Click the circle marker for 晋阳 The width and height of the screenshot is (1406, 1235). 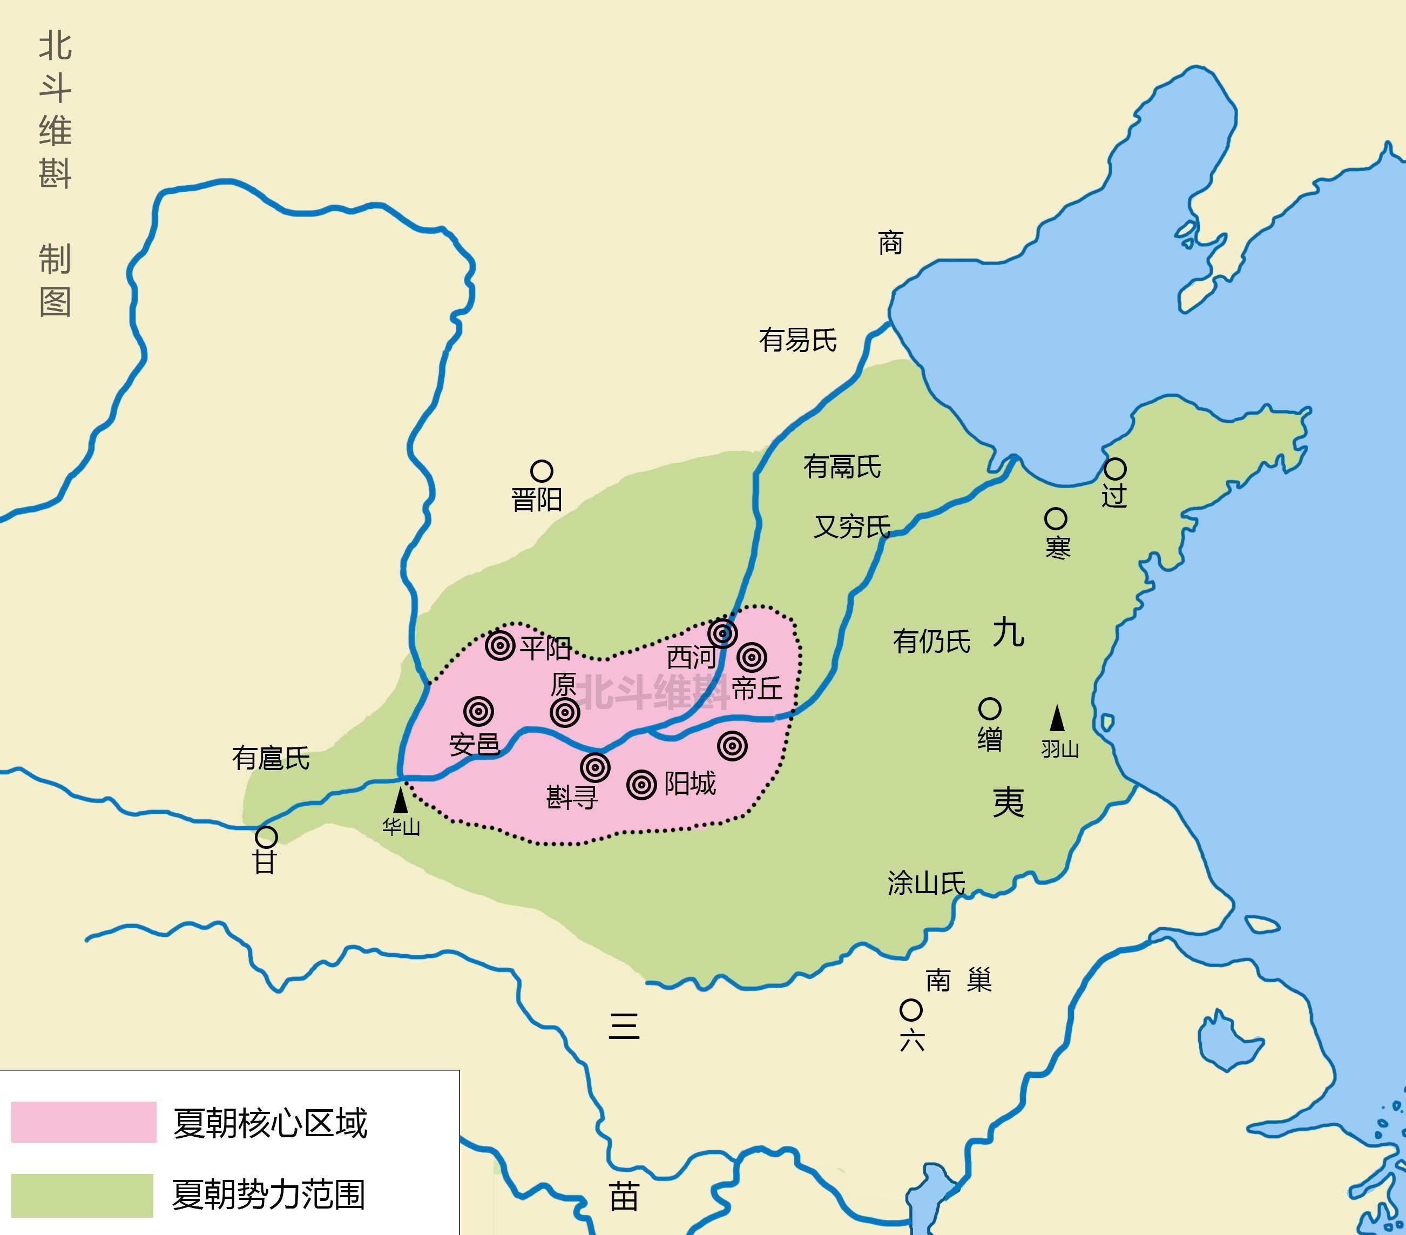pyautogui.click(x=542, y=471)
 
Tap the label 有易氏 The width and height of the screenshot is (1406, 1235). pyautogui.click(x=797, y=340)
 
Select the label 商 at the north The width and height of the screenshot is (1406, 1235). pyautogui.click(x=890, y=243)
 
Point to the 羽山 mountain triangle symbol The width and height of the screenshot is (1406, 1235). pyautogui.click(x=1057, y=718)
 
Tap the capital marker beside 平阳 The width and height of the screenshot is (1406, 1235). pyautogui.click(x=500, y=645)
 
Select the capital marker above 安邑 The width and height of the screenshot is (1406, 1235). pyautogui.click(x=479, y=711)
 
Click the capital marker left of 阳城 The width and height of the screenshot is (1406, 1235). pyautogui.click(x=642, y=784)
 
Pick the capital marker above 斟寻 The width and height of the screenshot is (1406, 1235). pyautogui.click(x=595, y=767)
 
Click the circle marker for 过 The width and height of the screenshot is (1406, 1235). pyautogui.click(x=1115, y=469)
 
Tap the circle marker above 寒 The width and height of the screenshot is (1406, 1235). pyautogui.click(x=1056, y=519)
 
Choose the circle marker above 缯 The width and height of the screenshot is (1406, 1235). pyautogui.click(x=989, y=708)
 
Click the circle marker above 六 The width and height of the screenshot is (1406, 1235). pyautogui.click(x=911, y=1010)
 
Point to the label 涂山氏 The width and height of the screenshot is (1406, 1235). pyautogui.click(x=926, y=883)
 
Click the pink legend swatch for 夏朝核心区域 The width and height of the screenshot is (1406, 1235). pyautogui.click(x=84, y=1122)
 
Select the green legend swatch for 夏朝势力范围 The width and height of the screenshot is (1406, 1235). pyautogui.click(x=83, y=1196)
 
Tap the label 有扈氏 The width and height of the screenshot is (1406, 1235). pyautogui.click(x=271, y=758)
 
